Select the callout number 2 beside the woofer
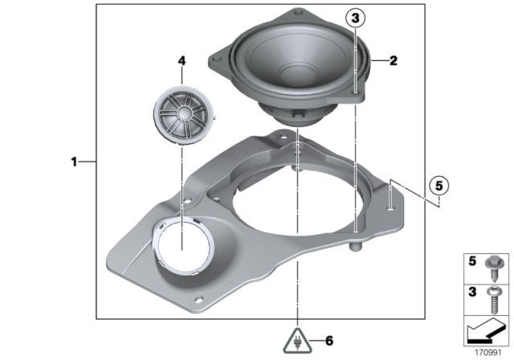point(394,59)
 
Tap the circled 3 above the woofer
point(355,18)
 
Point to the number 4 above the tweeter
point(182,60)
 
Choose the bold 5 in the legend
point(473,261)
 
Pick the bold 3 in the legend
point(473,290)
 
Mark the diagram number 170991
point(488,351)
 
